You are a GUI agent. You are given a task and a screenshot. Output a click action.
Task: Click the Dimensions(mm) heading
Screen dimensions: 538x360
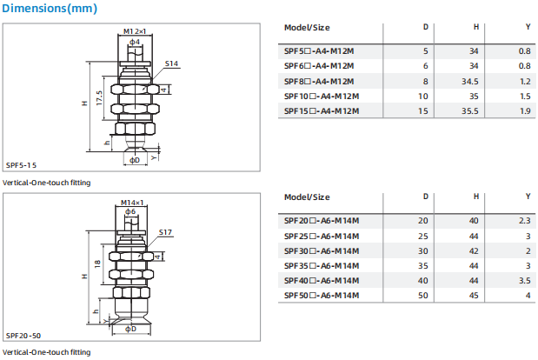[x=50, y=8]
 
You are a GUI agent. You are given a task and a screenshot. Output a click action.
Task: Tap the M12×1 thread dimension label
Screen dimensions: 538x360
[x=135, y=31]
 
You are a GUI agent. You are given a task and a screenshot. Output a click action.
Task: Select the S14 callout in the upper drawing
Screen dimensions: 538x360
[x=171, y=63]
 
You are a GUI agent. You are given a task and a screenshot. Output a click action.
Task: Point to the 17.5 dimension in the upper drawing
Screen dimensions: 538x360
[x=99, y=98]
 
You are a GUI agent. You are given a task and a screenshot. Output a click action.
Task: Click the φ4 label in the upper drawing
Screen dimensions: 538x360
[x=135, y=42]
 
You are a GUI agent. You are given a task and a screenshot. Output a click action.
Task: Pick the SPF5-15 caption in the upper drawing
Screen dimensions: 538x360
[x=21, y=165]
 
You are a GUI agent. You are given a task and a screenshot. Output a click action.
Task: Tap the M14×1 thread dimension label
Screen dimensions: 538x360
[x=132, y=203]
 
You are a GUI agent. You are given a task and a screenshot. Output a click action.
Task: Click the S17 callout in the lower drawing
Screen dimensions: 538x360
[x=165, y=232]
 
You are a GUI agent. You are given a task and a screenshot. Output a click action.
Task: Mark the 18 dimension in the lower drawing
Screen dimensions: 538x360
[x=97, y=263]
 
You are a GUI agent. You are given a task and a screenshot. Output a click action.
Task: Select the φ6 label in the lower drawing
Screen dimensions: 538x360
[x=130, y=212]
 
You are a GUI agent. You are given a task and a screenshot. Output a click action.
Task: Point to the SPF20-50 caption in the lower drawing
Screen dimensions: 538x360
[x=23, y=336]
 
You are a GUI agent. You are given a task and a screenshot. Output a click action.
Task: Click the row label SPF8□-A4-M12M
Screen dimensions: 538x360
[x=319, y=82]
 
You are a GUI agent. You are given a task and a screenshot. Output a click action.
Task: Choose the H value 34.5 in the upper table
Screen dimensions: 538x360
[x=469, y=82]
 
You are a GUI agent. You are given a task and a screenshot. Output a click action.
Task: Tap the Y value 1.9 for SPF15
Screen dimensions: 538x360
[x=525, y=110]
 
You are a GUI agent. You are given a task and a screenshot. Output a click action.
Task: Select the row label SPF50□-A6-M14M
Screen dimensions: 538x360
[x=322, y=295]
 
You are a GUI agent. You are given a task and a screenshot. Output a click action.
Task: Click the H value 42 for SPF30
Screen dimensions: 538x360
[x=474, y=250]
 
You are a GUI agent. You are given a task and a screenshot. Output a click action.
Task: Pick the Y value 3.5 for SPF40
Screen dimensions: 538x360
[x=525, y=280]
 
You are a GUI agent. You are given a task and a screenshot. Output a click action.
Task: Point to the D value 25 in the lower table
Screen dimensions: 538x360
[x=423, y=237]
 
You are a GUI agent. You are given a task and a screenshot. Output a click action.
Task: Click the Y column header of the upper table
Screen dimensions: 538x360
[x=528, y=27]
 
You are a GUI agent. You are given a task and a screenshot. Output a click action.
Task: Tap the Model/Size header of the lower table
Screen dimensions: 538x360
[x=307, y=197]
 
